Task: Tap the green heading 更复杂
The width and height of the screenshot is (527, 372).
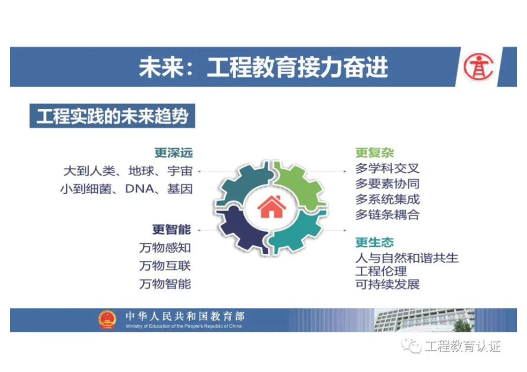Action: pyautogui.click(x=374, y=153)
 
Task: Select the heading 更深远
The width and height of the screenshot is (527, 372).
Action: pyautogui.click(x=174, y=153)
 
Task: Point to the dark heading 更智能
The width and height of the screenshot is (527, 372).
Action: pyautogui.click(x=172, y=230)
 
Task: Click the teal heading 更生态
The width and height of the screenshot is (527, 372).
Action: pyautogui.click(x=374, y=243)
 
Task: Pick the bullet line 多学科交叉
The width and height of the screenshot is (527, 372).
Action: pyautogui.click(x=387, y=168)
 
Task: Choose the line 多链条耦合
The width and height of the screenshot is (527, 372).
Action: pyautogui.click(x=387, y=215)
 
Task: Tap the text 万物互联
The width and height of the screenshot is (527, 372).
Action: pyautogui.click(x=165, y=266)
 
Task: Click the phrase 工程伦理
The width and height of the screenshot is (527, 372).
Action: pyautogui.click(x=381, y=271)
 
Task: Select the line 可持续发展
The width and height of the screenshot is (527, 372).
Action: pyautogui.click(x=387, y=284)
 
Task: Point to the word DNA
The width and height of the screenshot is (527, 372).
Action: pyautogui.click(x=139, y=189)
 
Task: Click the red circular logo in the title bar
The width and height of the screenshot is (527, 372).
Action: pyautogui.click(x=479, y=67)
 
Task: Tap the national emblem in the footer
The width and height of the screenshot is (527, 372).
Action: pyautogui.click(x=107, y=320)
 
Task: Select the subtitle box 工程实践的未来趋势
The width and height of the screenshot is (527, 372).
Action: pyautogui.click(x=112, y=116)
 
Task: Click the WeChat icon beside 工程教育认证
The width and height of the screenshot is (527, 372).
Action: pyautogui.click(x=412, y=345)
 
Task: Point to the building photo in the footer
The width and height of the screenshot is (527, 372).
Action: pyautogui.click(x=424, y=320)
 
